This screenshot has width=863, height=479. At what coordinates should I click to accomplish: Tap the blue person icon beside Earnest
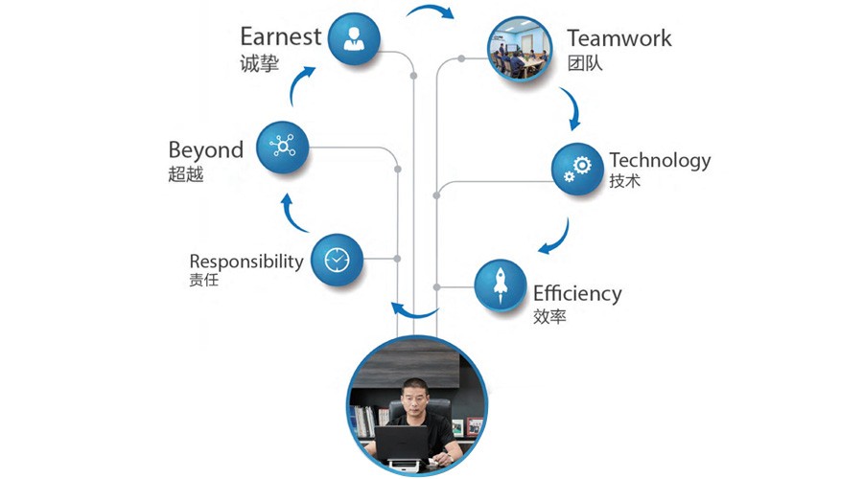354,38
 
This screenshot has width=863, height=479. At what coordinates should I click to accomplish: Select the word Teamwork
618,38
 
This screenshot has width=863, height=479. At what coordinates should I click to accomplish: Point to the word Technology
660,159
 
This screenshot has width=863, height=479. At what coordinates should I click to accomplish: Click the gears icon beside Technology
578,169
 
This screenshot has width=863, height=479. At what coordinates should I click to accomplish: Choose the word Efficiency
577,293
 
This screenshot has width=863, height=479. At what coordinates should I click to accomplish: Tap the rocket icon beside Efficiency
501,285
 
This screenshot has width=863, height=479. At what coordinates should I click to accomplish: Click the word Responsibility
246,262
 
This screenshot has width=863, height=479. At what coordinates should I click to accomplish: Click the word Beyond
206,150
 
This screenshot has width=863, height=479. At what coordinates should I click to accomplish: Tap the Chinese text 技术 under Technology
624,182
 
